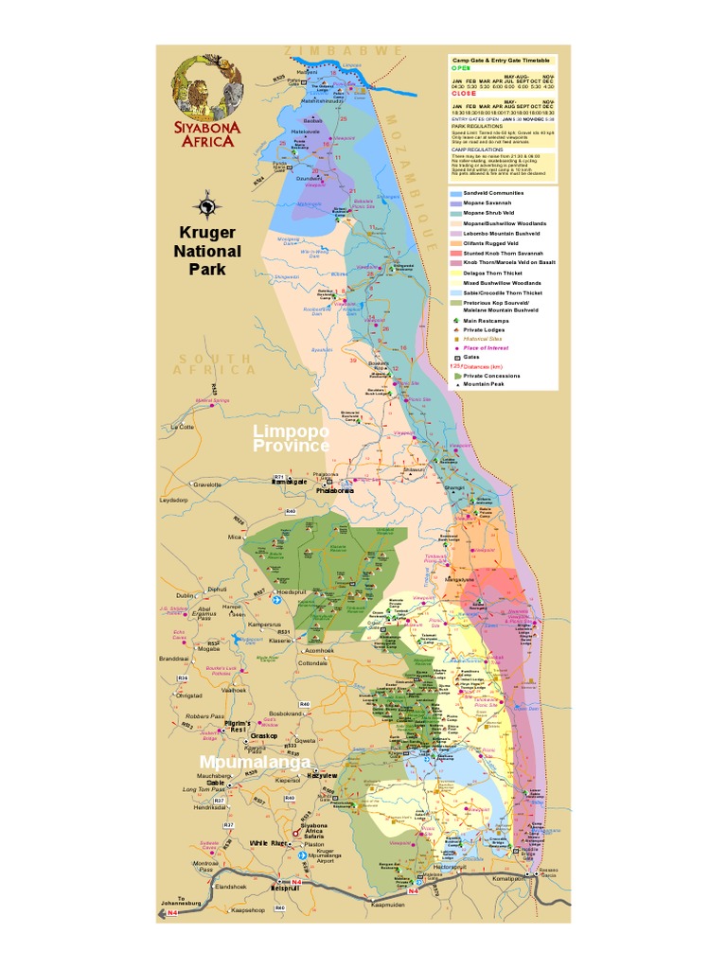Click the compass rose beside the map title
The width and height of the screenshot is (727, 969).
(x=206, y=204)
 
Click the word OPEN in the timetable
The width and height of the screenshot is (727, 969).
(x=460, y=68)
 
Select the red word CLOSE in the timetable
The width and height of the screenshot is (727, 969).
(x=463, y=94)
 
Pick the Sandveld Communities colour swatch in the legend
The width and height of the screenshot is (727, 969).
(x=456, y=193)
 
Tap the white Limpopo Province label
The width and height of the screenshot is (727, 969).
(x=291, y=438)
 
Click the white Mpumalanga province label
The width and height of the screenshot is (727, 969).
(x=254, y=761)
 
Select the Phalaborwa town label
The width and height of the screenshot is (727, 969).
(x=335, y=490)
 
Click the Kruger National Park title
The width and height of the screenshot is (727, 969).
(x=206, y=251)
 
